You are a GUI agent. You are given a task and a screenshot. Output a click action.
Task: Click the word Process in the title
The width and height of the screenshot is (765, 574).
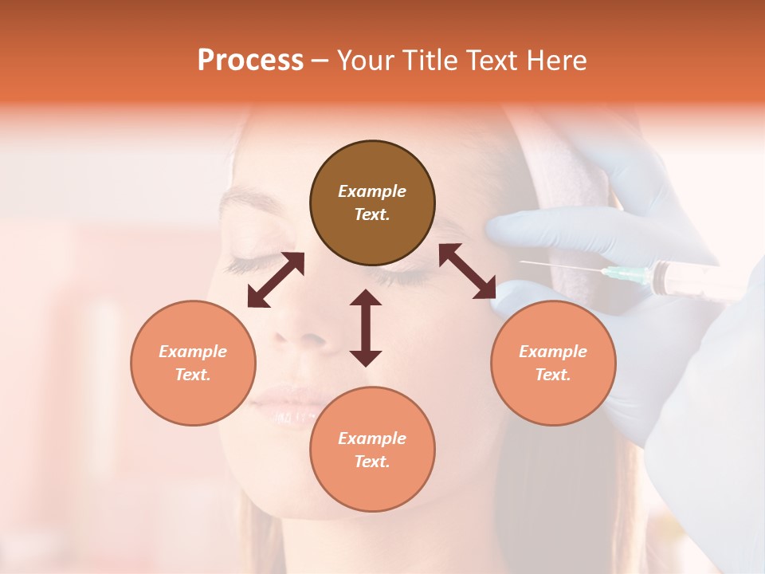coord(250,61)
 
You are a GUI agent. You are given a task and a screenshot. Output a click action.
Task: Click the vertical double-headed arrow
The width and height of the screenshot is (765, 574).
coord(366,328)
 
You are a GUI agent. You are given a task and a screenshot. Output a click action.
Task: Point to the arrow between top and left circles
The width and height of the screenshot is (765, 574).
coord(276,280)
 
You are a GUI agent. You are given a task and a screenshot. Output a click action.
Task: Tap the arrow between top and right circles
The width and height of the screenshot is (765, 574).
coord(468,271)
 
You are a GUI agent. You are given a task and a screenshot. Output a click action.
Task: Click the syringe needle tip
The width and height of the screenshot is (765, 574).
coord(522,261)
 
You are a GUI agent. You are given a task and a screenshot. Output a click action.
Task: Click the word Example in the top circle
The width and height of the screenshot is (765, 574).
coord(372,191)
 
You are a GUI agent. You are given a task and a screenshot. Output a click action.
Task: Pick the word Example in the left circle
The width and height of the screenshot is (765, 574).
coord(193,352)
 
